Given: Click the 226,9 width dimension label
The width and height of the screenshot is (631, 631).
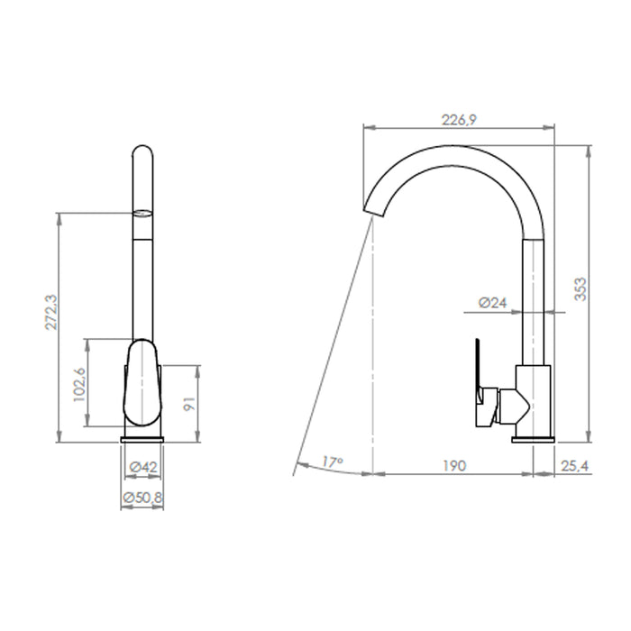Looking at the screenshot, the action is [x=459, y=120].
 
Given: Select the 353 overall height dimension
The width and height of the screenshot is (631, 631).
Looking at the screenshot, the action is [x=581, y=289].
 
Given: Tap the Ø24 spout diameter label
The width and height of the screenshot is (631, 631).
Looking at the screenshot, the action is [x=492, y=303].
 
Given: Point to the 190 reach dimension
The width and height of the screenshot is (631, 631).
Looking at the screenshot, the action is [x=454, y=466].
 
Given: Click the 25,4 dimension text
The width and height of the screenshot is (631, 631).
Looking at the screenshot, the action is [x=574, y=466].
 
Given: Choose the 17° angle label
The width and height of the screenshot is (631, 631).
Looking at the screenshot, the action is [x=333, y=462].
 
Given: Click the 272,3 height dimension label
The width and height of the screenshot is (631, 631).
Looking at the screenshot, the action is [x=51, y=313].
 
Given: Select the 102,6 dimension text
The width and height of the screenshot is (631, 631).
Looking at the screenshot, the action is [x=79, y=384].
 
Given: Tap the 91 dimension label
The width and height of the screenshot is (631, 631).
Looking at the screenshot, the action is [x=189, y=404].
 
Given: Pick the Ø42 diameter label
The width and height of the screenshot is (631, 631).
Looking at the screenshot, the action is [x=143, y=467].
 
